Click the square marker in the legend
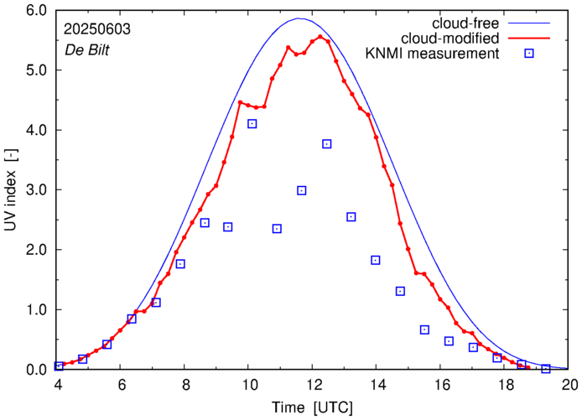click(x=528, y=54)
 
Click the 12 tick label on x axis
click(x=314, y=386)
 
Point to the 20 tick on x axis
click(x=569, y=386)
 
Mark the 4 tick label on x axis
click(x=58, y=386)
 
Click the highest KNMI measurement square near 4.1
click(x=252, y=124)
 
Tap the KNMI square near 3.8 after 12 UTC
click(x=327, y=144)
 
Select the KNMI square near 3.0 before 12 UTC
click(x=302, y=191)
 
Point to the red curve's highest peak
click(x=320, y=37)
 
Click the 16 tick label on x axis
click(x=442, y=386)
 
